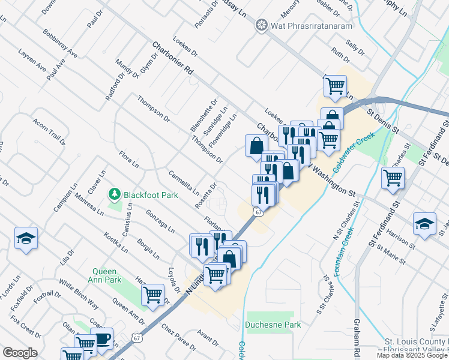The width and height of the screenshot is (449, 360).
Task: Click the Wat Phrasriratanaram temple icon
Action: pos(261,25)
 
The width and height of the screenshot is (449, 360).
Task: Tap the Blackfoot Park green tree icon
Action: pos(114,194)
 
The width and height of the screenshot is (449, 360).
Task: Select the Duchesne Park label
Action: pos(273,325)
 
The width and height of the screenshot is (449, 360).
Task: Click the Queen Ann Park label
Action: pos(106,275)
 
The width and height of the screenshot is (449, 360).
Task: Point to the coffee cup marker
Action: pos(101,338)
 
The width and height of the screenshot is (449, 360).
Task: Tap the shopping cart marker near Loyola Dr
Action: pos(153,295)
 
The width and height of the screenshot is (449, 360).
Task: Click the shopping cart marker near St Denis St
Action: pos(393,178)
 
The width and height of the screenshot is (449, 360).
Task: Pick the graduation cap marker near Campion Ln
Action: pos(26,238)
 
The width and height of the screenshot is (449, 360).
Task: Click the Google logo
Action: pos(20,353)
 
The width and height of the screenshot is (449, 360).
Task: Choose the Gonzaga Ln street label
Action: pos(160,221)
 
